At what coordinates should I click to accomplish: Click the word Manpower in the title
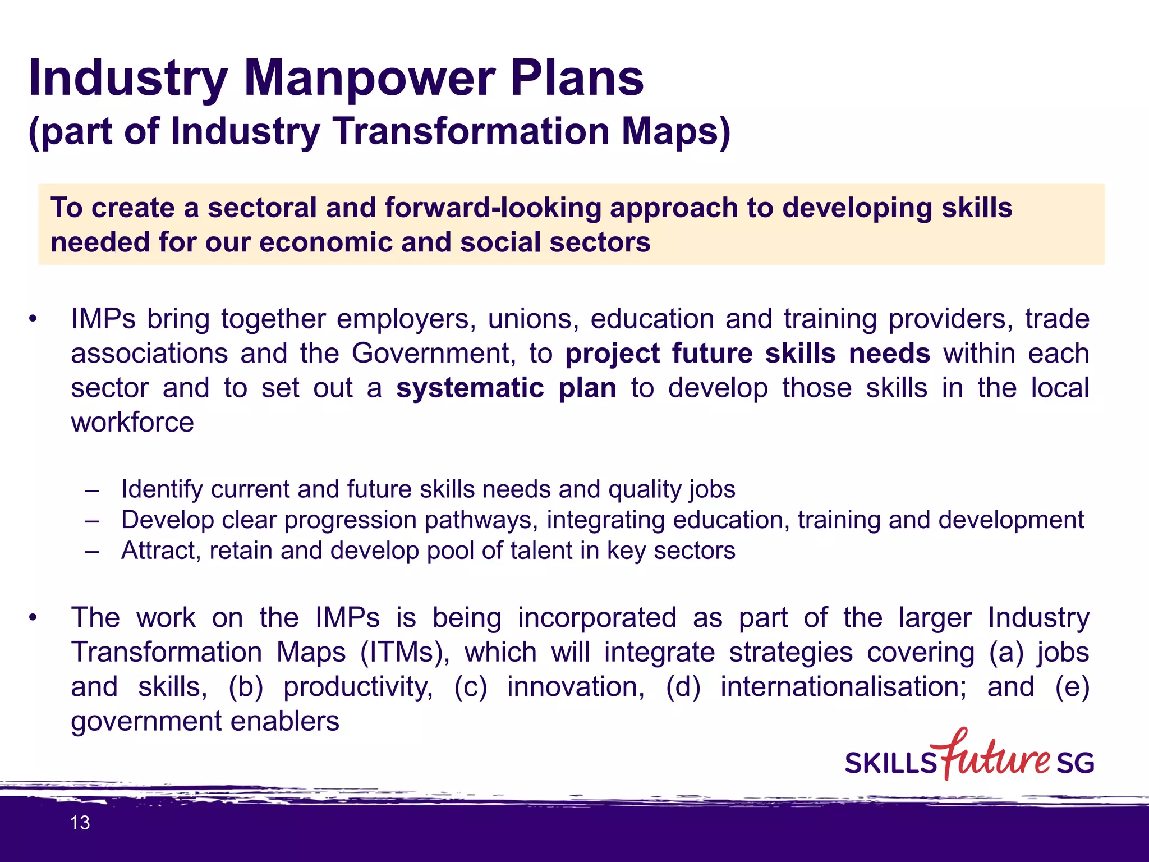370,79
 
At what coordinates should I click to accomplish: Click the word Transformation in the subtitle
471,131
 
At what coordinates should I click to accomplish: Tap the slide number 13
80,823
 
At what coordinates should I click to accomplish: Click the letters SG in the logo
1075,763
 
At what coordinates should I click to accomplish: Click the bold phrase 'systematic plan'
506,388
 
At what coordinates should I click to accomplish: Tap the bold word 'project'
613,354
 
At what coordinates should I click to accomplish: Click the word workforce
132,423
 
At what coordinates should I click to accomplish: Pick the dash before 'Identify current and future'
92,490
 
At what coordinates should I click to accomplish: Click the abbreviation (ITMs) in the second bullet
405,653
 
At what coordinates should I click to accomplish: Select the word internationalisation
843,687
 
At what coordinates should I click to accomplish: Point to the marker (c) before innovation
470,687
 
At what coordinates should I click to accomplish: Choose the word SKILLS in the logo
891,764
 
